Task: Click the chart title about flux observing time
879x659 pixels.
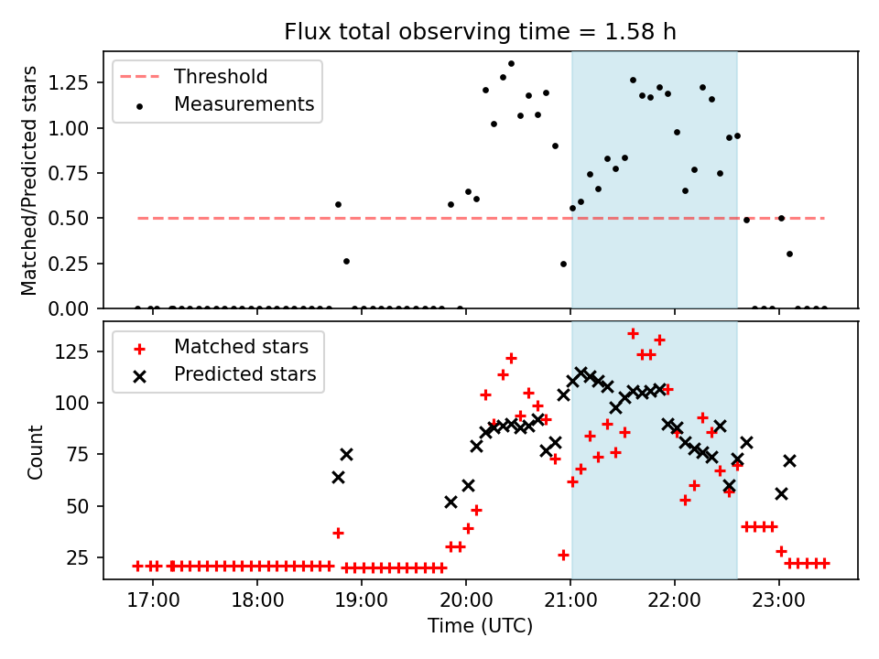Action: click(480, 32)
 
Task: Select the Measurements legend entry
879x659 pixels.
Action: click(244, 104)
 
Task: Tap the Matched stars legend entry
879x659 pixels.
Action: click(241, 347)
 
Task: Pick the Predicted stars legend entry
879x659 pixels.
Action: click(244, 374)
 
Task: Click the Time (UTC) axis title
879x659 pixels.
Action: click(480, 627)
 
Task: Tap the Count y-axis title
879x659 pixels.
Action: click(36, 452)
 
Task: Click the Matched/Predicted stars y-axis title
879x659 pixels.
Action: click(30, 180)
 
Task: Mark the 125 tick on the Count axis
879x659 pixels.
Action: click(80, 352)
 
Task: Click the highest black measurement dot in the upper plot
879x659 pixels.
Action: click(511, 63)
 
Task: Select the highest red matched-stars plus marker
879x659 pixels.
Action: click(633, 333)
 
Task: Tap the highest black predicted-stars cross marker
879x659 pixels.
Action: click(581, 373)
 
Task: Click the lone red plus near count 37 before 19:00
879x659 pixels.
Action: click(338, 533)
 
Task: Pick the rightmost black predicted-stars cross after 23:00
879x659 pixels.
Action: click(789, 460)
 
